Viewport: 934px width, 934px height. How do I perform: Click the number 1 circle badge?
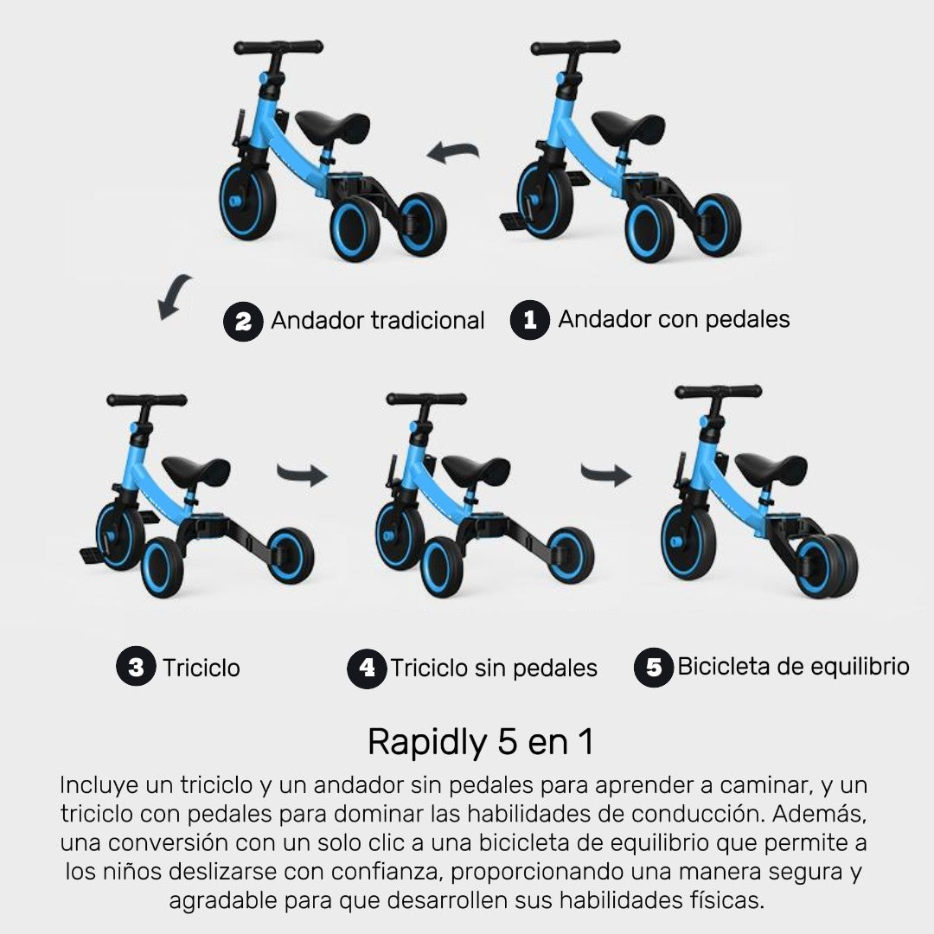(x=529, y=320)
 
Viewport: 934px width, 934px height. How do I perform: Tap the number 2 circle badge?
(x=243, y=322)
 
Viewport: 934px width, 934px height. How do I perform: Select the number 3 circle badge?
(x=136, y=666)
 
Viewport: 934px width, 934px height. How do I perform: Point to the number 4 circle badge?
(x=367, y=669)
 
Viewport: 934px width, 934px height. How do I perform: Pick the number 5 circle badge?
(x=654, y=667)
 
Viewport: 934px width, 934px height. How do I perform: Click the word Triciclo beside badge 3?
(x=202, y=668)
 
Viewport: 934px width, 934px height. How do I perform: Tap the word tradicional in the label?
(x=428, y=321)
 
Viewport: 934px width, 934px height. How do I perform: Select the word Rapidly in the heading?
(x=428, y=743)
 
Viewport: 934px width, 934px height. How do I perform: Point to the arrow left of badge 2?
(x=173, y=296)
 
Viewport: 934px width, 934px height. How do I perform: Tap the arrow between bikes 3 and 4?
(x=302, y=475)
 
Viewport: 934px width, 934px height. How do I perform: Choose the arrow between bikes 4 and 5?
(x=605, y=475)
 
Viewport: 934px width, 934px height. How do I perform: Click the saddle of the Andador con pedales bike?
(x=629, y=125)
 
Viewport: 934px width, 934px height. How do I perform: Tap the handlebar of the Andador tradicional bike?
(x=278, y=47)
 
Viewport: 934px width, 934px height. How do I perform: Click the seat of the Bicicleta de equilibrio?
(x=771, y=467)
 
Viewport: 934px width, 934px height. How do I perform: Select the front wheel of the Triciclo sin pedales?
(x=399, y=536)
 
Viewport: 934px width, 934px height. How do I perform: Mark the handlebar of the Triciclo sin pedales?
(x=426, y=399)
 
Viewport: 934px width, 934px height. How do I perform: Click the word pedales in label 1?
(x=747, y=320)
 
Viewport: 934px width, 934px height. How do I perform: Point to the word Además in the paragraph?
(x=819, y=814)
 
